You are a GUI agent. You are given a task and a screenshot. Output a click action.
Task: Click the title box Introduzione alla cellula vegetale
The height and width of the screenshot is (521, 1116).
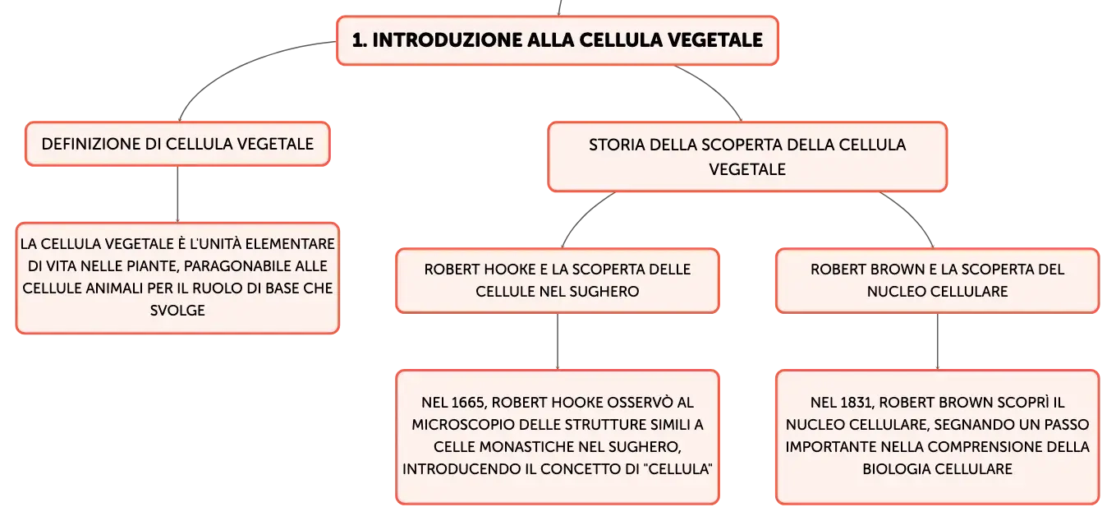pos(558,40)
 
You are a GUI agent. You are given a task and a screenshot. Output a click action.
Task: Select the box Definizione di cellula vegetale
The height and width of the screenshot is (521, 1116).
pos(178,144)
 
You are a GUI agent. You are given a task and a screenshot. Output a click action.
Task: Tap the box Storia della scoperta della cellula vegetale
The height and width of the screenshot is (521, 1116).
pos(747,157)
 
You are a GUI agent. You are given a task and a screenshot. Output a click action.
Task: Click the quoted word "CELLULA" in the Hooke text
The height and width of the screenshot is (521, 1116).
pos(680,469)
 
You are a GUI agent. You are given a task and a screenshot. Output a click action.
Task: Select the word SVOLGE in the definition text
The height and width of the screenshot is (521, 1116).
pos(178,311)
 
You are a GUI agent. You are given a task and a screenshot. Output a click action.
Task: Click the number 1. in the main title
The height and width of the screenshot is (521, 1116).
pos(359,40)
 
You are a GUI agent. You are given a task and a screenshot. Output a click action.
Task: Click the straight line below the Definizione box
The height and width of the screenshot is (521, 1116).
pos(178,195)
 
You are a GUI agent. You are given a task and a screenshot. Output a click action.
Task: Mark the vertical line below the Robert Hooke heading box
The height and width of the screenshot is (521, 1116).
pos(558,342)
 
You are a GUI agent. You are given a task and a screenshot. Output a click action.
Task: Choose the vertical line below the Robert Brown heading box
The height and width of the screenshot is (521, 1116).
pos(938,342)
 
